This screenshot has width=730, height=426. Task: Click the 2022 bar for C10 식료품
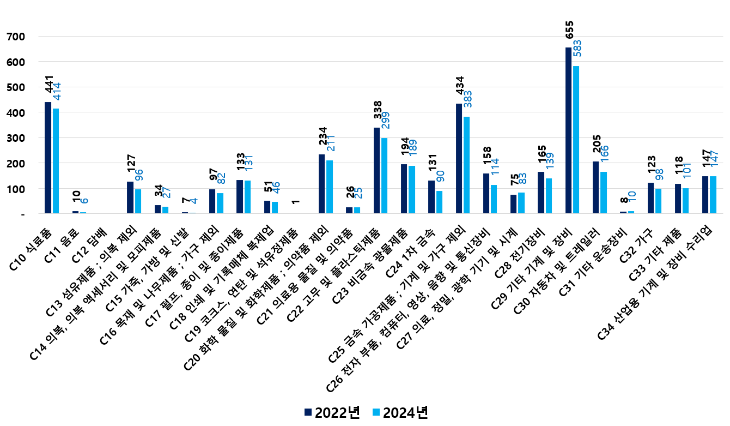[48, 158]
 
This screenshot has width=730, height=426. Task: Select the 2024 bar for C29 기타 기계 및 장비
[576, 140]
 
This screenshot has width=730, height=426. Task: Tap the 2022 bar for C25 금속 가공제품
[459, 159]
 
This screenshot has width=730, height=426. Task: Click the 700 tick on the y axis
[15, 37]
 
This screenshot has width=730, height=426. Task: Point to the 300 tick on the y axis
[15, 138]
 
